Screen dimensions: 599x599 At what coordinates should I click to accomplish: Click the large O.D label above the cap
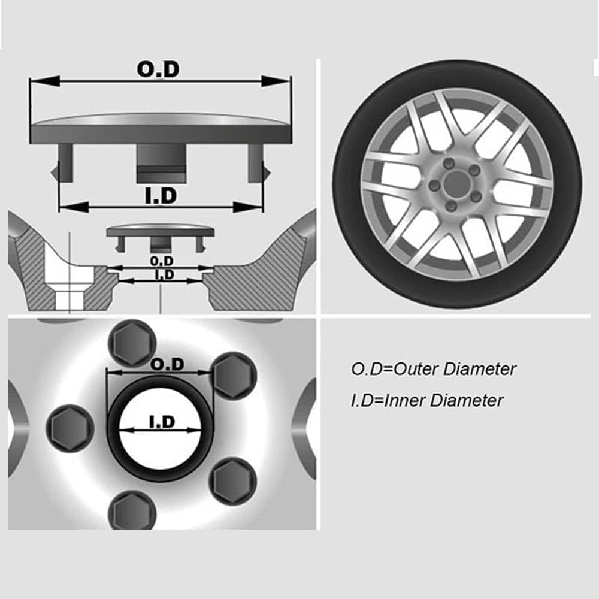pos(158,69)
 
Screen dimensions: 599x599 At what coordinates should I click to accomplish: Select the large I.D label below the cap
pos(161,196)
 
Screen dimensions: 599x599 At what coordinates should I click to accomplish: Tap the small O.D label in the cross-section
pos(162,261)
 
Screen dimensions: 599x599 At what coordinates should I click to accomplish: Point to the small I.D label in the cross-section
pos(164,275)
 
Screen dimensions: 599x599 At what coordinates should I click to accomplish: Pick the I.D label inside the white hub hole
pos(161,422)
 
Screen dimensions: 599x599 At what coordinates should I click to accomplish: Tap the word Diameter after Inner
pos(467,400)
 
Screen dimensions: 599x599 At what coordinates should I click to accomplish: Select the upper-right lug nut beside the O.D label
pos(235,376)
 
